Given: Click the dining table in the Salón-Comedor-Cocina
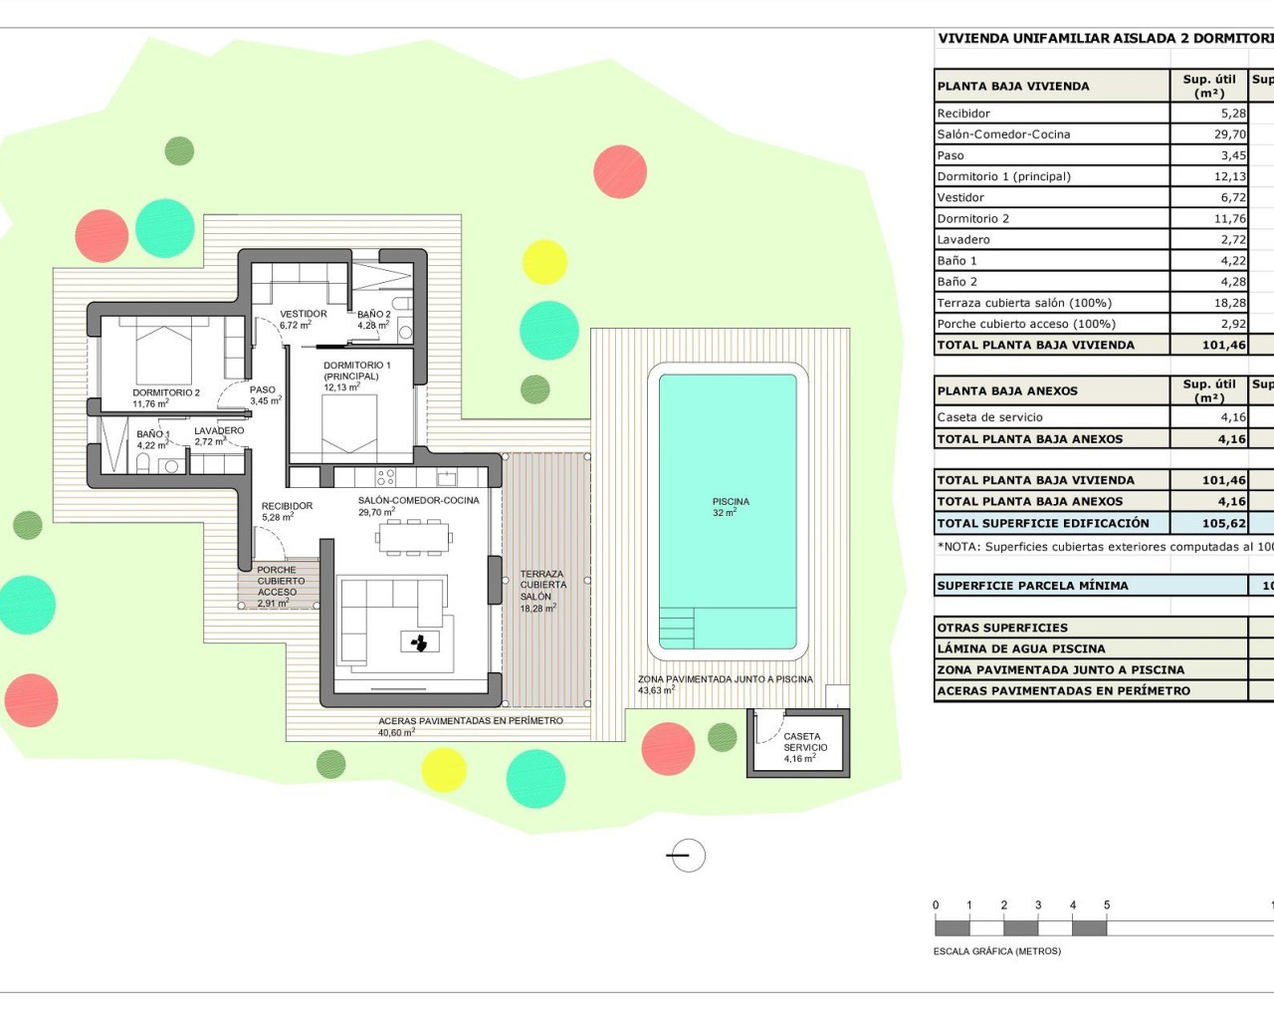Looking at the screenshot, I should click(413, 539).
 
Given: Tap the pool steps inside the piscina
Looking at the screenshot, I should click(677, 629).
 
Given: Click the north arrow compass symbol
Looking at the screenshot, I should click(687, 855).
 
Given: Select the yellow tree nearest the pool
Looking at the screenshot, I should click(544, 261).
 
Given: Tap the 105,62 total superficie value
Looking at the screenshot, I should click(1223, 523).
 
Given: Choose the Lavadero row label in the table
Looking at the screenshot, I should click(963, 240).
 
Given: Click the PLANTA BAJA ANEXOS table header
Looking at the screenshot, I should click(1007, 390).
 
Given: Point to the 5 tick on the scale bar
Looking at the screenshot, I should click(1107, 905).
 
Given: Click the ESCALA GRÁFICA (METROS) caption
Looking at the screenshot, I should click(996, 951).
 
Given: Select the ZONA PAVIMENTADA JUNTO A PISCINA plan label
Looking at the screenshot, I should click(725, 679).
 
